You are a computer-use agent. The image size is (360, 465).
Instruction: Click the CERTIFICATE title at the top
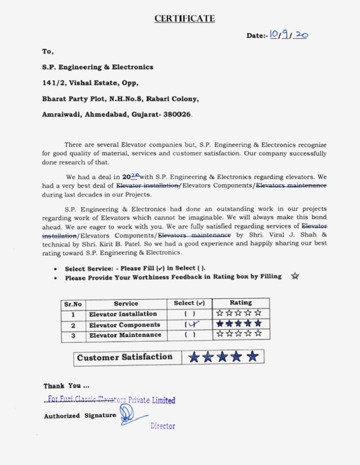pos(185,19)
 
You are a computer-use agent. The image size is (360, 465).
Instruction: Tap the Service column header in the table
pos(126,303)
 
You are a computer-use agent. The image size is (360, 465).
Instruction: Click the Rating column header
pos(240,303)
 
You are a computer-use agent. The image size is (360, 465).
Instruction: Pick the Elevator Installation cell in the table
pos(123,314)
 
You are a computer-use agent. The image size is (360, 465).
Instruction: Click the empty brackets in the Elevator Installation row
pos(189,314)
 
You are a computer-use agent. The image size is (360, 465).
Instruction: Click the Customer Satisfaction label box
pos(125,357)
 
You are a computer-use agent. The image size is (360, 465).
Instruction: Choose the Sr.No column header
pos(73,303)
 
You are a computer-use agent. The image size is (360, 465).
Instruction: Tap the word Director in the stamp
pos(163,426)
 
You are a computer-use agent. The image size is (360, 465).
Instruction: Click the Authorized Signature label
pos(80,416)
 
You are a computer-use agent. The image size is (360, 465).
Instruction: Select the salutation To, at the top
pos(48,52)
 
